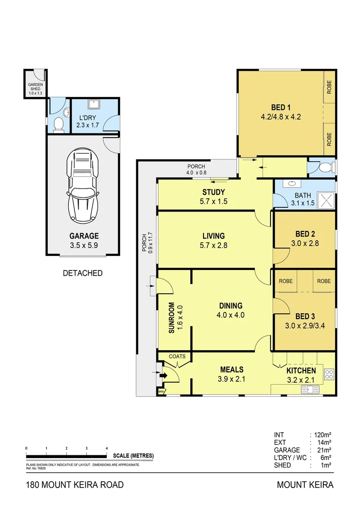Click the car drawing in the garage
pyautogui.click(x=83, y=186)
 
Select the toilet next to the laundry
pyautogui.click(x=58, y=124)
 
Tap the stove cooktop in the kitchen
pyautogui.click(x=329, y=375)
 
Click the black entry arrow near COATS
pyautogui.click(x=164, y=376)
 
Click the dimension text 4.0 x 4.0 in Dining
pyautogui.click(x=230, y=315)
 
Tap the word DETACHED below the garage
pyautogui.click(x=82, y=273)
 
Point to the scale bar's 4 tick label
pyautogui.click(x=107, y=448)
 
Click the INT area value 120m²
pyautogui.click(x=323, y=435)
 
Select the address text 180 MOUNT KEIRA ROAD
pyautogui.click(x=74, y=484)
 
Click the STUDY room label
pyautogui.click(x=213, y=192)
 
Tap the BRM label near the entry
pyautogui.click(x=161, y=392)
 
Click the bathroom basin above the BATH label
pyautogui.click(x=290, y=184)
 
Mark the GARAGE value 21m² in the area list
pyautogui.click(x=323, y=450)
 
